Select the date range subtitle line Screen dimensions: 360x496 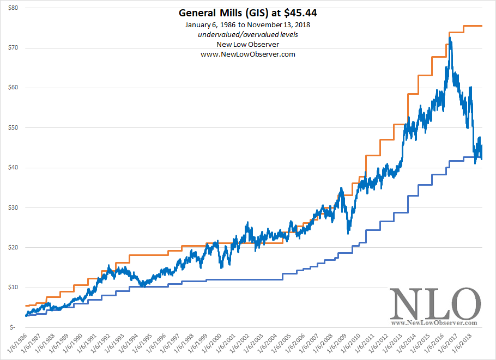[248, 26]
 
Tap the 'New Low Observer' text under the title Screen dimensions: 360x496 [248, 45]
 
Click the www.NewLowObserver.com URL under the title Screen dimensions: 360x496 [248, 54]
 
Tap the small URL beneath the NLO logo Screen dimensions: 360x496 [434, 323]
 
